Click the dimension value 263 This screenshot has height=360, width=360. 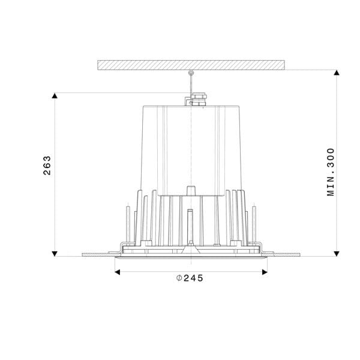[x=47, y=166]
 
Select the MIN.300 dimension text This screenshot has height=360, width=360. [x=331, y=172]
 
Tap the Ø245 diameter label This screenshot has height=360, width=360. [x=190, y=278]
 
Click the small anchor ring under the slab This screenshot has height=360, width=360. [x=191, y=73]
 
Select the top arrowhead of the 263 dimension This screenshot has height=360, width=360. [x=55, y=95]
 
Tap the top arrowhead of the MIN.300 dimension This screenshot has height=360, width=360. [x=337, y=73]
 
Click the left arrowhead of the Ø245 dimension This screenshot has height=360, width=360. [x=118, y=272]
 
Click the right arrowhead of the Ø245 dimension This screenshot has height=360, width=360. [x=264, y=272]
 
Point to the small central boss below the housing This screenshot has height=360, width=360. [x=191, y=190]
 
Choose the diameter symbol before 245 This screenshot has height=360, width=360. [x=179, y=278]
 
